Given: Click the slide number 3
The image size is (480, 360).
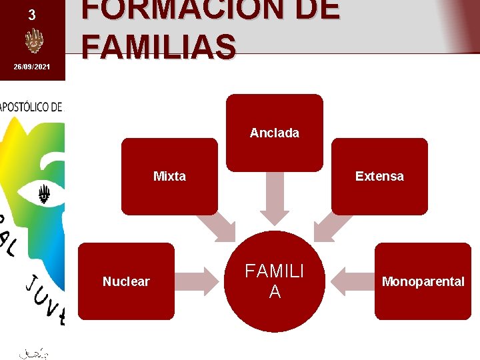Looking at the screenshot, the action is [32, 15].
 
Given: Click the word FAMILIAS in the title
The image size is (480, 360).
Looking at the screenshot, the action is [159, 47].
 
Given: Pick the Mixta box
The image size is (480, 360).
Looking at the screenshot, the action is [169, 176].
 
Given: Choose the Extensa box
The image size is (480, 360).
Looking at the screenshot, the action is [379, 176].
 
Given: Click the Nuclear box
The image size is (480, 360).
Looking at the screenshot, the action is [126, 281].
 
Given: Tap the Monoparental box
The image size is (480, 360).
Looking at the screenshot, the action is [423, 281].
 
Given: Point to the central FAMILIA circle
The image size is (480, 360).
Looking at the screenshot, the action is [274, 281].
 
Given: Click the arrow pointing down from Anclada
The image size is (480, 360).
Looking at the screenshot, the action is [274, 198].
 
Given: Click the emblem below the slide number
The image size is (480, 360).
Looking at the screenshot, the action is [33, 41].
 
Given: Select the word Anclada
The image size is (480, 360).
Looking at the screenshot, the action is [274, 133].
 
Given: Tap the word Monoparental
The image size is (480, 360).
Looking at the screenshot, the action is [423, 281].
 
